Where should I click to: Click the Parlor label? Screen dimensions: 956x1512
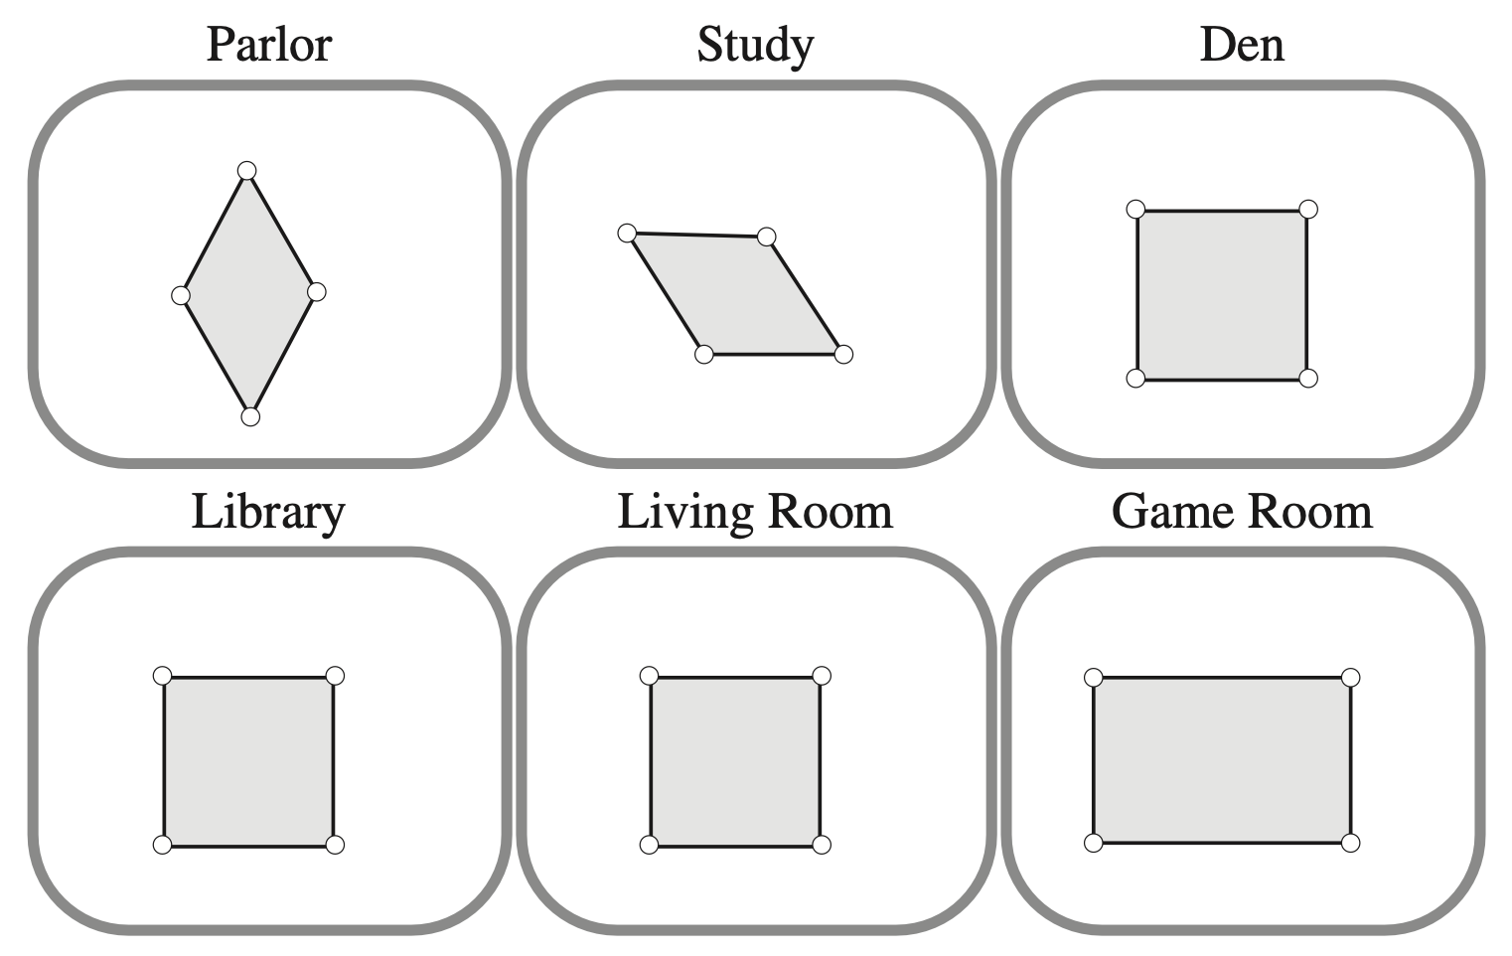(268, 45)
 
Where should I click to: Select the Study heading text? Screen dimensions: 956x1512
(755, 45)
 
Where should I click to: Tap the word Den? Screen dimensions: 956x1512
(1242, 45)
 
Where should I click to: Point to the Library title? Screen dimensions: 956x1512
(268, 512)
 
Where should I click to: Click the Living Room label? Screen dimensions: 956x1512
(755, 512)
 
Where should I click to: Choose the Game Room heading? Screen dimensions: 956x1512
(1242, 512)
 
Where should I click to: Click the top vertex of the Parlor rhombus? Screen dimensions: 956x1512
(247, 171)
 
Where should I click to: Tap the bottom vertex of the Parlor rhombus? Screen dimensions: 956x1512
(250, 416)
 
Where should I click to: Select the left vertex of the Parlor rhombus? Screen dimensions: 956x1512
(181, 295)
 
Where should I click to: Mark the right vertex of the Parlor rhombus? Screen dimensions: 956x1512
(316, 291)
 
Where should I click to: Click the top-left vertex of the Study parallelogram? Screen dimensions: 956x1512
(627, 234)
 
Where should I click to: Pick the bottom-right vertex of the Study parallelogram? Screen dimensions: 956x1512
(843, 354)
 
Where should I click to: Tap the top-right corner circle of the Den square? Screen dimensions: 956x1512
(1308, 210)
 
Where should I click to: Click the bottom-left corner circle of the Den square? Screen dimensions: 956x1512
(1136, 378)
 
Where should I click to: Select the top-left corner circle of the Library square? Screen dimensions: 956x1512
(163, 676)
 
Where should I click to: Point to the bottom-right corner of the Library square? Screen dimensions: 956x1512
(335, 845)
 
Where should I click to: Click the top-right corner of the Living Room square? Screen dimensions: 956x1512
(822, 676)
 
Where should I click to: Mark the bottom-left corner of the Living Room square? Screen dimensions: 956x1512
(649, 845)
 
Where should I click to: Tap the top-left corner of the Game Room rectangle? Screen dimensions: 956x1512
(1093, 678)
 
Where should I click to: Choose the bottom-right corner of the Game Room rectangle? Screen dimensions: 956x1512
(1350, 843)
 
